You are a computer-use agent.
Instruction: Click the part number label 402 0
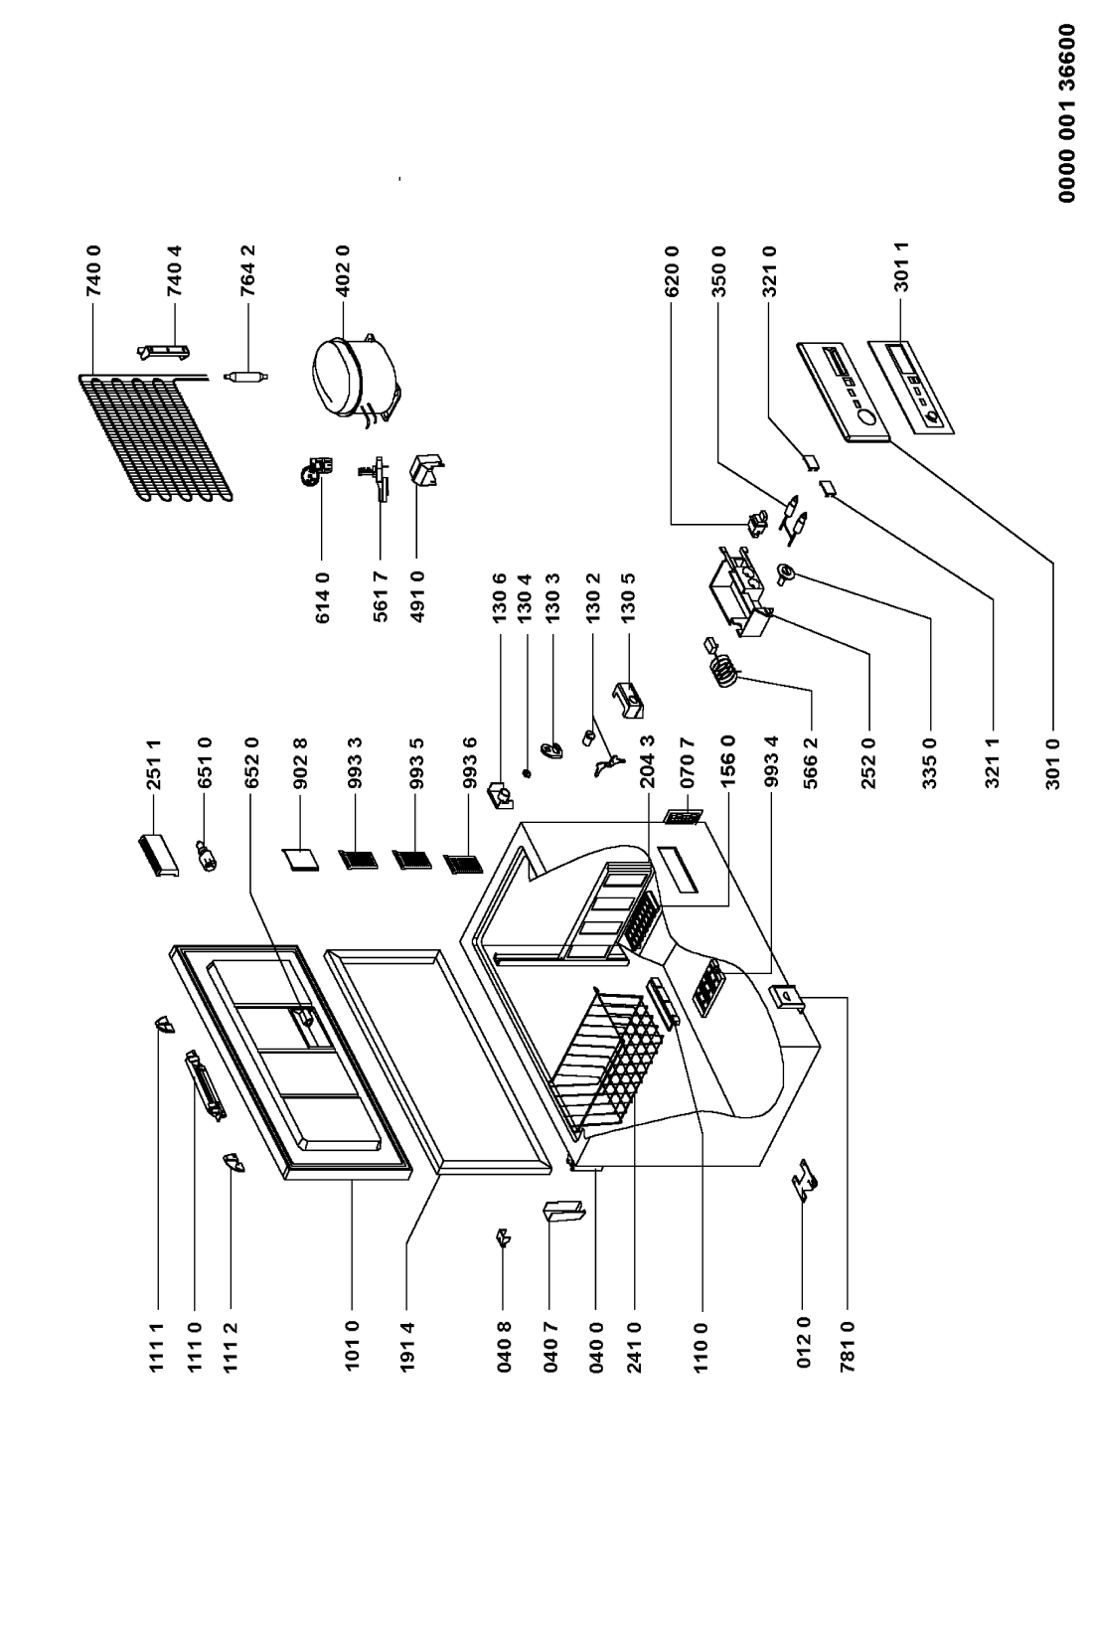pyautogui.click(x=344, y=269)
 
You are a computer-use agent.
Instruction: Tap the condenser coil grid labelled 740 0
pyautogui.click(x=155, y=437)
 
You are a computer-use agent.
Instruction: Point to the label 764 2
pyautogui.click(x=249, y=269)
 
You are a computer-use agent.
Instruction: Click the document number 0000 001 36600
pyautogui.click(x=1067, y=113)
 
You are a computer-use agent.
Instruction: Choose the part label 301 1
pyautogui.click(x=902, y=269)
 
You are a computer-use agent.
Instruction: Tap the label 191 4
pyautogui.click(x=407, y=1346)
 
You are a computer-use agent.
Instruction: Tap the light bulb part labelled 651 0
pyautogui.click(x=208, y=856)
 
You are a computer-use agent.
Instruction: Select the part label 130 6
pyautogui.click(x=500, y=597)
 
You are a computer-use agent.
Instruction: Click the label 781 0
pyautogui.click(x=848, y=1346)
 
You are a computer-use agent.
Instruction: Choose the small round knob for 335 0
pyautogui.click(x=786, y=573)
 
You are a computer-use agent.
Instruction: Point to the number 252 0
pyautogui.click(x=868, y=763)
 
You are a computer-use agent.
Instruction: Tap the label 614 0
pyautogui.click(x=322, y=597)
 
